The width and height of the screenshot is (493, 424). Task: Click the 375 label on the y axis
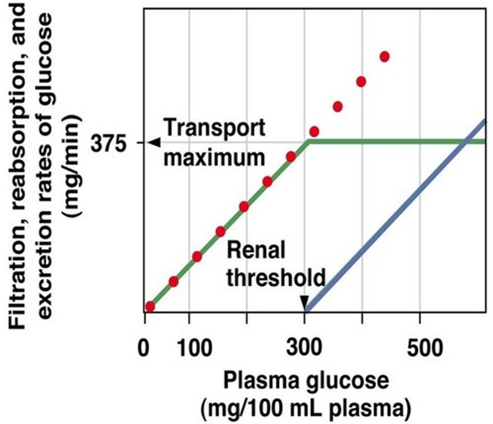pos(108,143)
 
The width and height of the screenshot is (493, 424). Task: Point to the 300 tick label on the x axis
pos(304,348)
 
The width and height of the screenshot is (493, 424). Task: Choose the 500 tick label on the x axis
pos(424,348)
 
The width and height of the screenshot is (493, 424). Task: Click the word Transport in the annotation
pos(215,128)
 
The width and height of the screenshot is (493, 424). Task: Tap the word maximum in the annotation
pos(214,158)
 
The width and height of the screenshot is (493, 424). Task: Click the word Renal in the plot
pos(256,251)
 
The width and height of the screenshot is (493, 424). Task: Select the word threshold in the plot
pos(276,277)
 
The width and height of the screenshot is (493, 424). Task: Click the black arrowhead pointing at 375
pos(154,142)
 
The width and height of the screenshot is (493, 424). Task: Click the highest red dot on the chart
pos(385,57)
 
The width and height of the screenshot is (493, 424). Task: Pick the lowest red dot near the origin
pos(150,306)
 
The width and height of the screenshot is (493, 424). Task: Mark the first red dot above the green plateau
pos(314,132)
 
